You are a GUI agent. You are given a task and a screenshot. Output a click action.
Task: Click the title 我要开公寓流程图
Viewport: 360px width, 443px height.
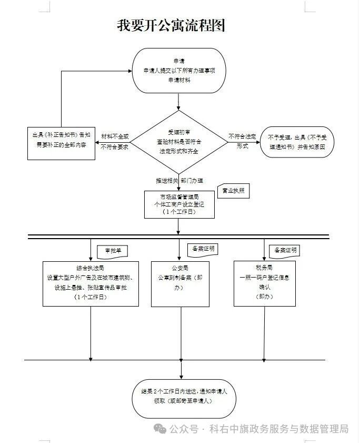[x=171, y=26]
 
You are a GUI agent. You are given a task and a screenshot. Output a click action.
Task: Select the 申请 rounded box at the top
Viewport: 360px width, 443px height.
[x=179, y=70]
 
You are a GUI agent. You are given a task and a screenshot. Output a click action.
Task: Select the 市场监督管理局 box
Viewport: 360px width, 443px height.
[x=179, y=204]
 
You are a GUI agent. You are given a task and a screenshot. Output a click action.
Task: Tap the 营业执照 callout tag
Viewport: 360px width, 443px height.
[x=233, y=191]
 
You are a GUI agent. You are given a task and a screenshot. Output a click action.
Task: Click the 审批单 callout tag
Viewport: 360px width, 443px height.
[x=113, y=251]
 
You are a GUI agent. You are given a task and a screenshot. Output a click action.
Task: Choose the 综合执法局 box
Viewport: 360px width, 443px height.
[x=91, y=283]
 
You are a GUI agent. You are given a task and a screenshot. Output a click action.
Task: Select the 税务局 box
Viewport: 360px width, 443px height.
[x=264, y=283]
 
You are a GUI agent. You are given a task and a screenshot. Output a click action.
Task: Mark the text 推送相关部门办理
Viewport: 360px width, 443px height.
[x=179, y=181]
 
